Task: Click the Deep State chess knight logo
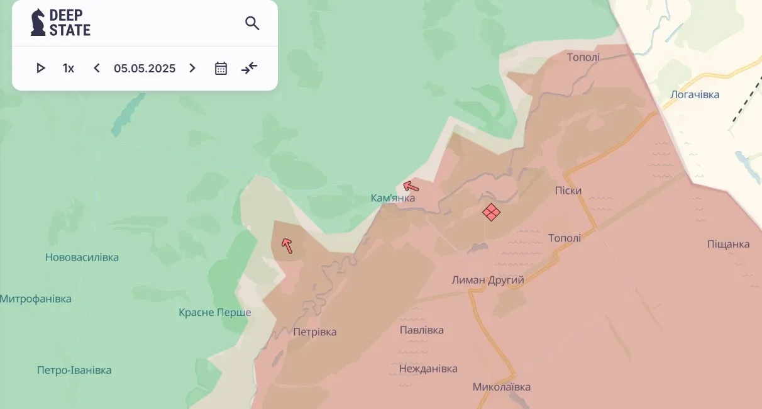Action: click(x=38, y=22)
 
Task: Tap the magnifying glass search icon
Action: click(x=252, y=24)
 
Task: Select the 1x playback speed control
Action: click(x=68, y=68)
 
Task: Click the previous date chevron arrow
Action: click(x=96, y=68)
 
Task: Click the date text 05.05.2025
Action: click(x=145, y=68)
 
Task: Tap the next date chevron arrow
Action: click(x=192, y=68)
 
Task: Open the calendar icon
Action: click(x=221, y=68)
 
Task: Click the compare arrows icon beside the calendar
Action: click(x=250, y=68)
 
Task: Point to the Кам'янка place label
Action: click(x=393, y=198)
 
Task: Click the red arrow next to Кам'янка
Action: click(x=411, y=186)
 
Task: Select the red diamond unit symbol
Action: click(x=491, y=212)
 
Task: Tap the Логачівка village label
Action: click(x=695, y=95)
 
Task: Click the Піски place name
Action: click(x=568, y=191)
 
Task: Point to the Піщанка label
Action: click(x=728, y=244)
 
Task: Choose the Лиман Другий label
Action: click(x=488, y=280)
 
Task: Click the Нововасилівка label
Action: click(x=82, y=257)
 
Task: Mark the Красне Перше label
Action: click(x=215, y=313)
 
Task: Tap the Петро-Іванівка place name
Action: click(x=74, y=370)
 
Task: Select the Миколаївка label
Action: click(x=502, y=387)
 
